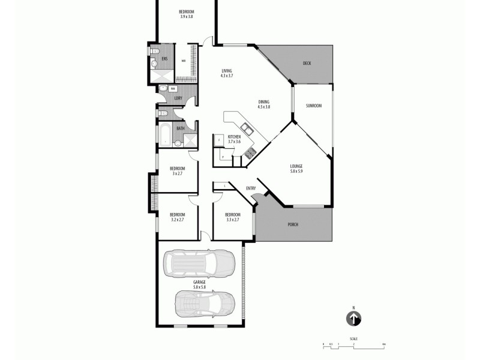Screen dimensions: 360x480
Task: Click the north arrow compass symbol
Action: tap(354, 319)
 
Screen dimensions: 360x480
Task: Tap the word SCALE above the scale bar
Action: tap(354, 338)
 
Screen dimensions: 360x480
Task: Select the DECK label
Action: tap(307, 63)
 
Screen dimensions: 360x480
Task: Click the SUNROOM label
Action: tap(314, 106)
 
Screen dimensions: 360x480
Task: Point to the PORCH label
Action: tap(293, 224)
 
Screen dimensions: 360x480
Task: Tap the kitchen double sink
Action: tap(246, 128)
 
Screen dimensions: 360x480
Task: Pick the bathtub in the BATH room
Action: tap(165, 135)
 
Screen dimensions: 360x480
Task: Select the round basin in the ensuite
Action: tap(154, 62)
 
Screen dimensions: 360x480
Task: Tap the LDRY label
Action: tap(178, 98)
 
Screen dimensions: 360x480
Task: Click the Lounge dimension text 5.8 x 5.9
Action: tap(296, 171)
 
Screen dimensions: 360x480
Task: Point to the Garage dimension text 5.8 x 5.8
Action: tap(199, 287)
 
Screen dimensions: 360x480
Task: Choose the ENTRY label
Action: tap(251, 188)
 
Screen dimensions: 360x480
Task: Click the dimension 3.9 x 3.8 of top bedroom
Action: tap(187, 17)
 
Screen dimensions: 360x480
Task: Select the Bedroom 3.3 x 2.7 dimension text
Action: tap(233, 220)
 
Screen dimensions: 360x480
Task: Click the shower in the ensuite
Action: tap(160, 76)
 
